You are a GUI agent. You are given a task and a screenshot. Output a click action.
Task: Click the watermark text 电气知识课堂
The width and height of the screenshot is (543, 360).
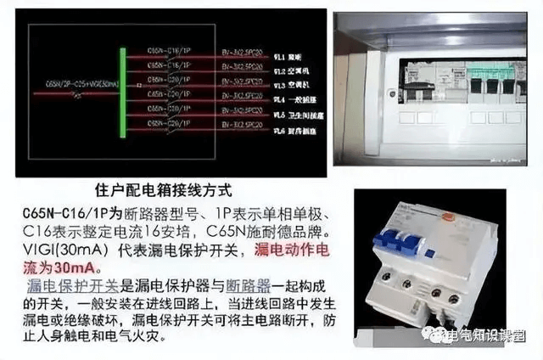(x=493, y=337)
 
